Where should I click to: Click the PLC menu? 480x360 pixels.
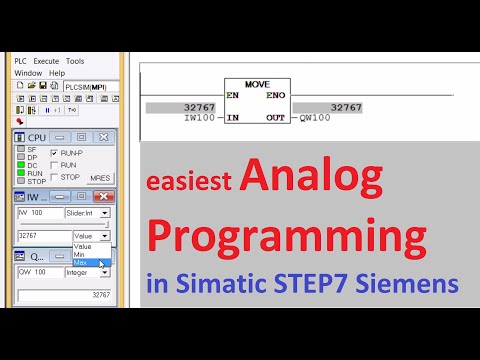21,61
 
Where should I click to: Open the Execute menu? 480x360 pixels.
47,61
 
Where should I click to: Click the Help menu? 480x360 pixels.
56,73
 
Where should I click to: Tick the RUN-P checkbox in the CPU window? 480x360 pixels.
55,153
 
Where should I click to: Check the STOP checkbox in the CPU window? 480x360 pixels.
55,177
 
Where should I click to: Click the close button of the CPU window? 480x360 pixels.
104,137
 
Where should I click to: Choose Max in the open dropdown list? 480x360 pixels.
83,263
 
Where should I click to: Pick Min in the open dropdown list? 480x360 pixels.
80,254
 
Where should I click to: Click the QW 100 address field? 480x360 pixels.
38,272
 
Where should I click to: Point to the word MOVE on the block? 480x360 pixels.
257,84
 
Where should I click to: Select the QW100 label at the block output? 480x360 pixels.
315,117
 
